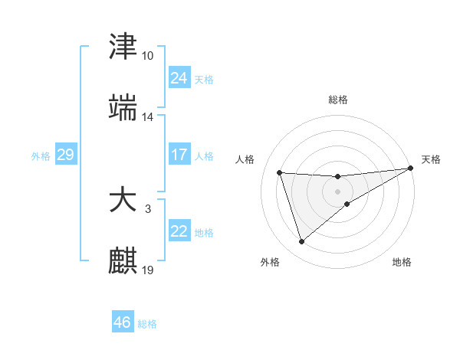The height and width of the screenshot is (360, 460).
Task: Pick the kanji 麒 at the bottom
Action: pos(123,260)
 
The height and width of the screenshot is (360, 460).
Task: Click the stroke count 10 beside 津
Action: pos(148,56)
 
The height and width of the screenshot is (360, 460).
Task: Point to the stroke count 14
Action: pos(148,117)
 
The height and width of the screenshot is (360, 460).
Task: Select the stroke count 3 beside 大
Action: pos(148,208)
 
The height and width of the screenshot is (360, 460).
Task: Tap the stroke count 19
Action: pos(148,270)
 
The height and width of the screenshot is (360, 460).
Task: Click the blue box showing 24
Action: pos(179,77)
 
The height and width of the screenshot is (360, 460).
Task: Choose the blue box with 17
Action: pos(179,154)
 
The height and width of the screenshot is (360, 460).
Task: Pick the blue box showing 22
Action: pos(179,231)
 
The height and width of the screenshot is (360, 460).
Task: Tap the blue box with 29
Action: pos(65,155)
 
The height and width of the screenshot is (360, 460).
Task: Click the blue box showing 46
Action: pos(122,322)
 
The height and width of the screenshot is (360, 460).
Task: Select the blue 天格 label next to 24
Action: pos(204,79)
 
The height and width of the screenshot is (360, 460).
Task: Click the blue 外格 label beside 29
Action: pos(41,155)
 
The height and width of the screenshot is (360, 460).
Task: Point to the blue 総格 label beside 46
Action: pos(147,324)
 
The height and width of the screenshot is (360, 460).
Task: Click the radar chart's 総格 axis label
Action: pos(338,100)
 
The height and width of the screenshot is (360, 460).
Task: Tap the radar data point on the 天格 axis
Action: pos(411,169)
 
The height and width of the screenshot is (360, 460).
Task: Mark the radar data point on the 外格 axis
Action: pos(301,242)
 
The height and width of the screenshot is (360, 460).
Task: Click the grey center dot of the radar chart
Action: pos(337,191)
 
